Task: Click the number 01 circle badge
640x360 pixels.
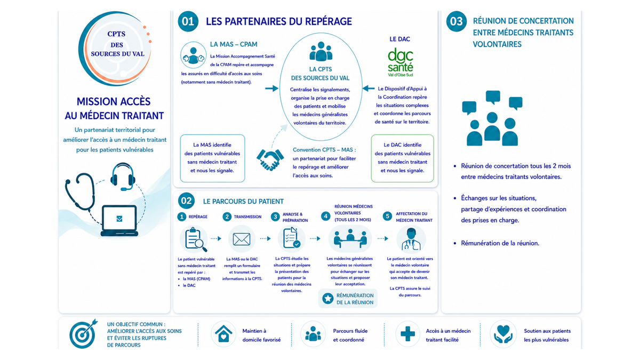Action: [188, 21]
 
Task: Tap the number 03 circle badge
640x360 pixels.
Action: [457, 21]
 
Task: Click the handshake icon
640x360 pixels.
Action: [270, 159]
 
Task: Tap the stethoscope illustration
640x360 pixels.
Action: [80, 191]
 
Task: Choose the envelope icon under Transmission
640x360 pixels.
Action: [242, 239]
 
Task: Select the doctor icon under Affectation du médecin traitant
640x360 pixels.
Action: [411, 239]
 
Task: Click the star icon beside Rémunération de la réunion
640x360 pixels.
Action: [327, 299]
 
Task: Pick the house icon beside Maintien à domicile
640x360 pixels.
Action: [223, 334]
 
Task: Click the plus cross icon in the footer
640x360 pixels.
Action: [407, 334]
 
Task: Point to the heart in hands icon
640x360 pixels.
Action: [503, 334]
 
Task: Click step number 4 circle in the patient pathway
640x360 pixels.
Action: [325, 217]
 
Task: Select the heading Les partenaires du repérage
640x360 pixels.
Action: [279, 21]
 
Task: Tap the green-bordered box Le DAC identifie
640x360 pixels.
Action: [402, 158]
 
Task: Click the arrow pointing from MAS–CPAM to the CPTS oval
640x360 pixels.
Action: [271, 89]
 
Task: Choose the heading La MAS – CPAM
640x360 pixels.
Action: [234, 44]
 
